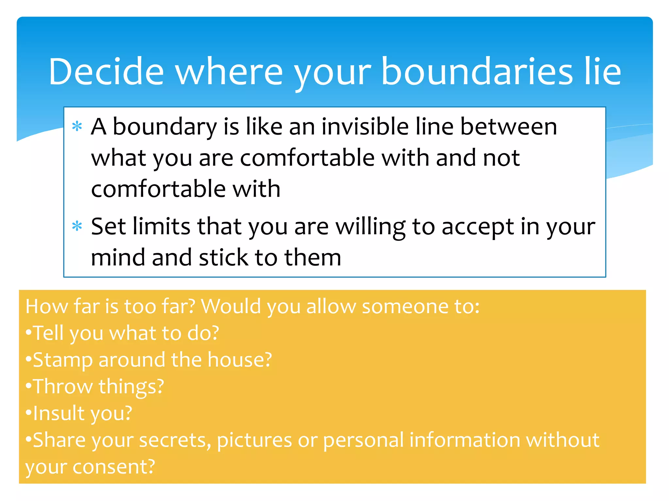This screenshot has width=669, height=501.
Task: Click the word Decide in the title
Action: (106, 71)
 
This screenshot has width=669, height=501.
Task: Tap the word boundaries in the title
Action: (477, 71)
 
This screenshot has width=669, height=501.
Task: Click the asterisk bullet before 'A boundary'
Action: (77, 126)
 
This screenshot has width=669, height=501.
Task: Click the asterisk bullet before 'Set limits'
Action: (77, 226)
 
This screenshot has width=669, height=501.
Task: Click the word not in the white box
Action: (501, 158)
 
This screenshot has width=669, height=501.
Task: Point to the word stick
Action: (223, 257)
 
